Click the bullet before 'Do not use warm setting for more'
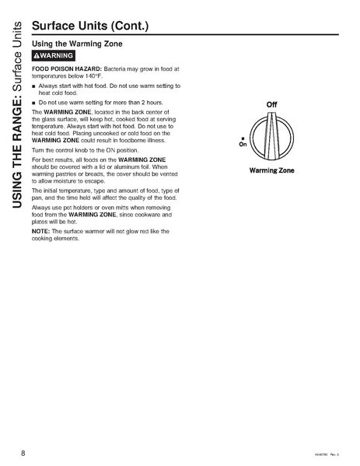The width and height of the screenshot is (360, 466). click(x=34, y=103)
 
